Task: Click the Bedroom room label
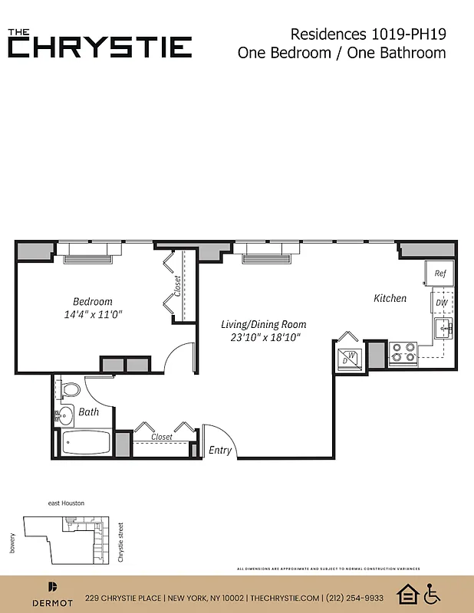coord(93,301)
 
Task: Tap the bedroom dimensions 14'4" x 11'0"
coord(94,314)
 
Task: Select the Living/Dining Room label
coord(263,324)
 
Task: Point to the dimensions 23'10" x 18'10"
coord(264,337)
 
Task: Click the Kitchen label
coord(390,298)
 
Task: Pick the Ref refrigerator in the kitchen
coord(440,273)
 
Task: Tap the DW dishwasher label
coord(441,303)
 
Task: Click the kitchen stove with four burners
coord(403,352)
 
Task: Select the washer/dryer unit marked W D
coord(349,356)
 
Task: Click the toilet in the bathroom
coord(70,390)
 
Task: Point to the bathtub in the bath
coord(85,442)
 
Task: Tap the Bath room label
coord(89,411)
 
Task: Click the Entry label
coord(220,451)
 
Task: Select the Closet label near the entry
coord(161,437)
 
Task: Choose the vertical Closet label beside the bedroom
coord(178,287)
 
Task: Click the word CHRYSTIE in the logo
coord(100,48)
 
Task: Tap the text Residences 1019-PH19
coord(368,34)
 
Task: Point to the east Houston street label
coord(66,503)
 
